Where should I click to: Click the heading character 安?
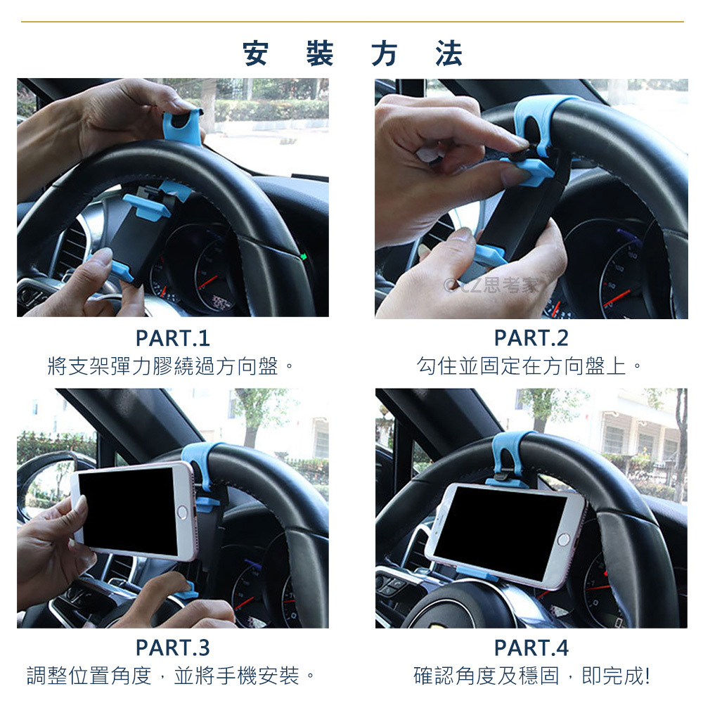click(x=256, y=53)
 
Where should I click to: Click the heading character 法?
click(x=449, y=53)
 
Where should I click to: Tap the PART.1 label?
click(x=173, y=339)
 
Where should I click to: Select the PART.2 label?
click(x=531, y=338)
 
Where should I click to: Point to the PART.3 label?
click(x=173, y=648)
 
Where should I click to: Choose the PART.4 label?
click(x=531, y=648)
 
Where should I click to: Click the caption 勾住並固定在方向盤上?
click(x=521, y=366)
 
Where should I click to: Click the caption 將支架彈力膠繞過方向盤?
click(x=163, y=366)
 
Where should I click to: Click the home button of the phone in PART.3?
click(x=183, y=512)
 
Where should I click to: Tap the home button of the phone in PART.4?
click(x=564, y=540)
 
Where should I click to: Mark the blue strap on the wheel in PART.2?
click(x=538, y=121)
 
